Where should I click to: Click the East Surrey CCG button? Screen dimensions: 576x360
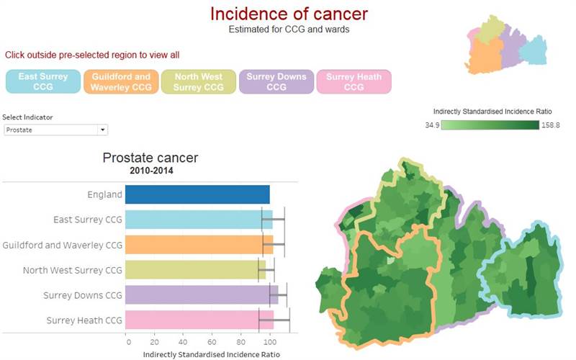43,81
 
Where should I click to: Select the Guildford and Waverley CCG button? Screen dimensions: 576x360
121,81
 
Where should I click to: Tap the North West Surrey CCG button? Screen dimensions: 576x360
199,81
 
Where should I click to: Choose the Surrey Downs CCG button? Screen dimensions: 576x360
276,81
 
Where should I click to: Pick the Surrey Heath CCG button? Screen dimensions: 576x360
354,81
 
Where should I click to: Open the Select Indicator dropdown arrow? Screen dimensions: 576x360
103,130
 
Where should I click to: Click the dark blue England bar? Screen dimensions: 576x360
197,194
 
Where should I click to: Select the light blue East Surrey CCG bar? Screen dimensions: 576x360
199,220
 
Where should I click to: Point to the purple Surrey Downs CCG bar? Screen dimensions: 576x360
202,294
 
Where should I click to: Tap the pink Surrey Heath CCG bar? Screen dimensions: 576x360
199,320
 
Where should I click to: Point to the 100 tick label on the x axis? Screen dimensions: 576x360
270,342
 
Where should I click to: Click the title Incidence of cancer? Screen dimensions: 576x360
289,14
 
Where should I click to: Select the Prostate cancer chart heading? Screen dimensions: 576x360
150,158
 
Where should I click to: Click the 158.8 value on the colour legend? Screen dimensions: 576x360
550,125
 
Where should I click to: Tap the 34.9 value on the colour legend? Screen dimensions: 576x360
433,125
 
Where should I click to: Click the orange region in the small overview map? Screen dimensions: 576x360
485,55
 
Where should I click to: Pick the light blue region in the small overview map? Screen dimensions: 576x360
534,50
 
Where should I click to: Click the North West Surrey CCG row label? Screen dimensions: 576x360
73,270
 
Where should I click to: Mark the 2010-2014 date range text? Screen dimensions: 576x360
151,171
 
